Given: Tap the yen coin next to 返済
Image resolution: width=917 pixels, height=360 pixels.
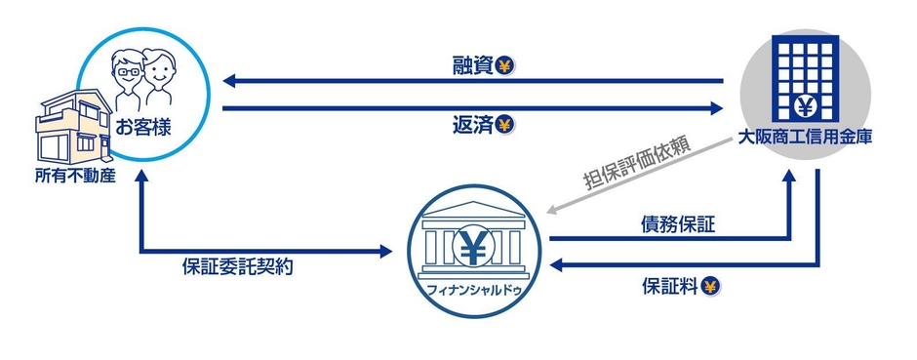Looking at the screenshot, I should click(x=504, y=125).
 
